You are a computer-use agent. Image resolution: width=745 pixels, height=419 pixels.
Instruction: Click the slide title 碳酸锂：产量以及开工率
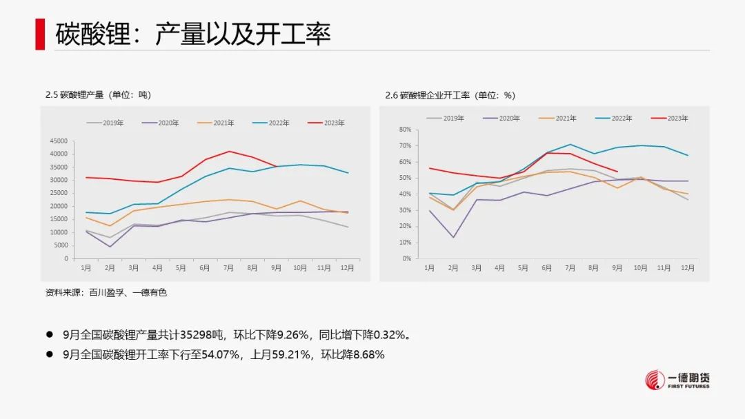tap(193, 32)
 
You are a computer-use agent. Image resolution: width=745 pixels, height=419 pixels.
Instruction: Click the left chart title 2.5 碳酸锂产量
tap(98, 95)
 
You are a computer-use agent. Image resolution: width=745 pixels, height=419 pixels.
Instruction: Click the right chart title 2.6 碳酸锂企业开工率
tap(450, 95)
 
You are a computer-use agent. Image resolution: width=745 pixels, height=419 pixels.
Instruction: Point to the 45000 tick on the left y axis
tap(59, 141)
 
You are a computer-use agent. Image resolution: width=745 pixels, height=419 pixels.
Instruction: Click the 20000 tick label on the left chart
tap(59, 207)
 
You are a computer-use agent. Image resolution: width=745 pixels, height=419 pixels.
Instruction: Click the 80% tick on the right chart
tap(404, 130)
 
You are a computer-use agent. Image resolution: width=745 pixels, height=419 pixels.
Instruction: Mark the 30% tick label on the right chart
tap(404, 210)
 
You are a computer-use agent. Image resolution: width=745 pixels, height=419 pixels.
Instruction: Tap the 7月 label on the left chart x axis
tap(229, 267)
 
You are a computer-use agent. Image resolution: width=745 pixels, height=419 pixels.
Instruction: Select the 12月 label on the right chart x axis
tap(687, 267)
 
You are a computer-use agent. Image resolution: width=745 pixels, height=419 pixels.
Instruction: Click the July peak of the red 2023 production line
tap(229, 152)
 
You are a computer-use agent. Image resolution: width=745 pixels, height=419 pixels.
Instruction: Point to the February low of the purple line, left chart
tap(110, 247)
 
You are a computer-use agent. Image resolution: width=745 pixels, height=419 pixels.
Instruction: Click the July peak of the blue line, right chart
tap(570, 144)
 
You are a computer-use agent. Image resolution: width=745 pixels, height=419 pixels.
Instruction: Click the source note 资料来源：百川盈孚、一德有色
tap(106, 293)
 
